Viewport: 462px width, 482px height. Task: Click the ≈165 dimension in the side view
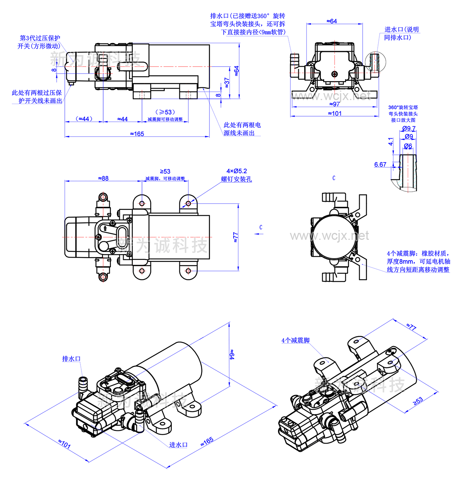click(137, 134)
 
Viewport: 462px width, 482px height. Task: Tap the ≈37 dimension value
click(227, 82)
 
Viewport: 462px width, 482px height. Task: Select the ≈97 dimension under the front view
click(334, 104)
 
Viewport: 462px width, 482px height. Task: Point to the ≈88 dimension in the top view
click(103, 178)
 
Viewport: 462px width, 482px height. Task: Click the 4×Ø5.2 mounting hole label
click(236, 171)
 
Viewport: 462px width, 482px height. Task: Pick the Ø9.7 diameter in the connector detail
click(408, 129)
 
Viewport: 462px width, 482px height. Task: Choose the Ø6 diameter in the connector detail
click(408, 146)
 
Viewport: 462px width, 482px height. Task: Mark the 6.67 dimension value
click(380, 164)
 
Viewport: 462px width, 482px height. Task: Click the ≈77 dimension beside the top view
click(236, 237)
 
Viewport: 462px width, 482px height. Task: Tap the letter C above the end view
click(334, 178)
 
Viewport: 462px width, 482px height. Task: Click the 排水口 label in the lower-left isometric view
click(72, 359)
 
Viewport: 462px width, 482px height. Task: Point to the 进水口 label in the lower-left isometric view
click(178, 445)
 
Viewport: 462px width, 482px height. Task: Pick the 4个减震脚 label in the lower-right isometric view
click(295, 340)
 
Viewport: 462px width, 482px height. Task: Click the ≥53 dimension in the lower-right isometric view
click(418, 401)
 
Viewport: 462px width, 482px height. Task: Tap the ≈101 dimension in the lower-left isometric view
click(64, 444)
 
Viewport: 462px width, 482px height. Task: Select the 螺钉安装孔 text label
click(236, 179)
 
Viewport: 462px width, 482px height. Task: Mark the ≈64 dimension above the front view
click(331, 21)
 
